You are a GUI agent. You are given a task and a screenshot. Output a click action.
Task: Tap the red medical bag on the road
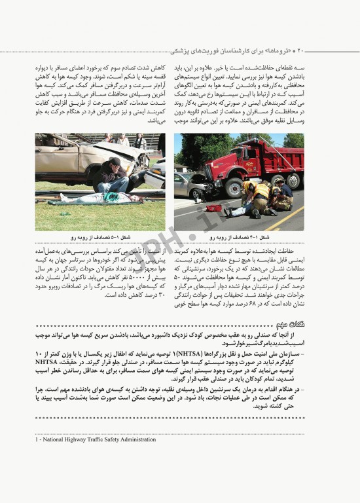click(x=214, y=208)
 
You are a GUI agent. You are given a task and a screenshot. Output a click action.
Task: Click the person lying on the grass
click(x=98, y=197)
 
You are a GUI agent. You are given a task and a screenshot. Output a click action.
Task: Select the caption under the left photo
click(x=98, y=237)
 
